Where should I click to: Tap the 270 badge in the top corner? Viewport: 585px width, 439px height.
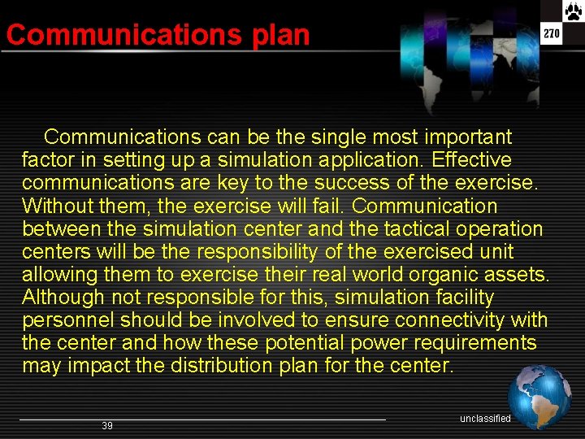pos(552,33)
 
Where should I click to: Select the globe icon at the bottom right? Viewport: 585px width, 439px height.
pos(539,398)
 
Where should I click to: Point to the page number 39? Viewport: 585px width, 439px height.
pos(107,426)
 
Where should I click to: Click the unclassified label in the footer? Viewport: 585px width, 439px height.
pos(485,419)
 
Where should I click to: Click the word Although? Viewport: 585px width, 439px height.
pos(63,298)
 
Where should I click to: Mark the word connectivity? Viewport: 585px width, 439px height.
pos(445,320)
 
